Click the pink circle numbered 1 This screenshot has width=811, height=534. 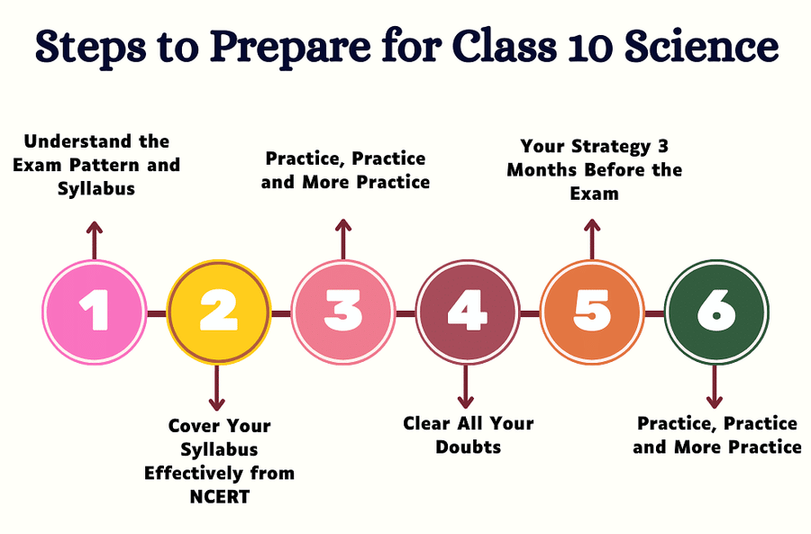click(x=94, y=312)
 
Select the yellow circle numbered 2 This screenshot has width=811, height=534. click(x=218, y=312)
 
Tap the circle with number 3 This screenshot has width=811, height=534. click(x=342, y=312)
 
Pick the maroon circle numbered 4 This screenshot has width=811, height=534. click(x=467, y=312)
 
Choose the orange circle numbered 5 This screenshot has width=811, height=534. click(x=591, y=312)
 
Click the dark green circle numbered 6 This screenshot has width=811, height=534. click(x=715, y=312)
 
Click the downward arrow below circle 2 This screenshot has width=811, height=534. click(x=217, y=387)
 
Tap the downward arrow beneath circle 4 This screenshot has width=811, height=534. click(x=466, y=387)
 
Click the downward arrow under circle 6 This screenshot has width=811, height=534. click(x=715, y=387)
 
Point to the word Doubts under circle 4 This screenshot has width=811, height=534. click(x=468, y=446)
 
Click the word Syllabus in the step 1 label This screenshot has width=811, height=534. click(x=96, y=188)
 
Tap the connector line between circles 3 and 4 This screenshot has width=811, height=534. click(x=405, y=312)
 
